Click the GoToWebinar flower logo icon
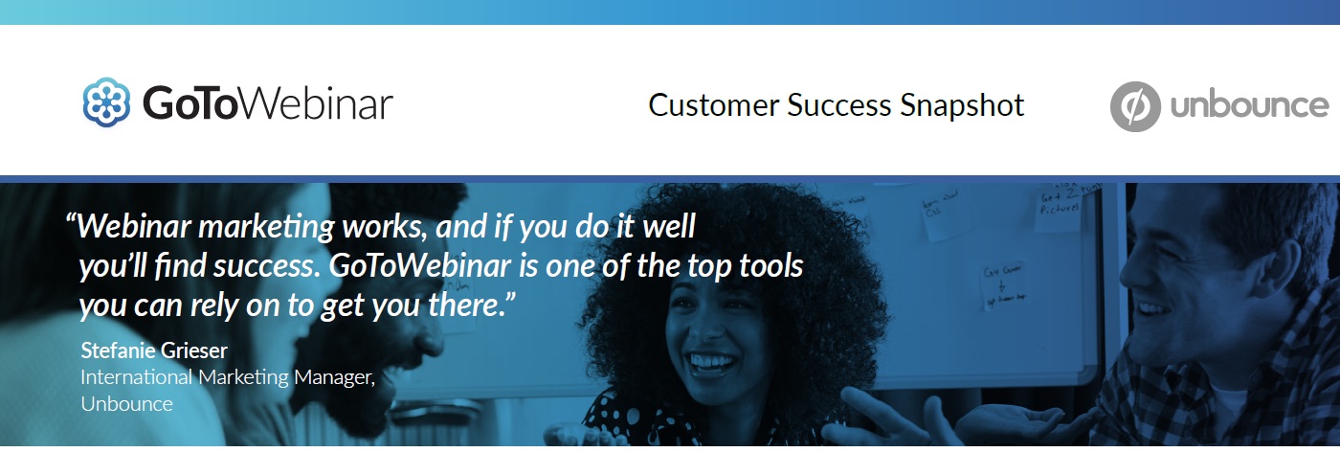click(106, 102)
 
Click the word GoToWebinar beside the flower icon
click(268, 103)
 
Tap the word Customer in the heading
click(714, 105)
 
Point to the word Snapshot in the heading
click(962, 106)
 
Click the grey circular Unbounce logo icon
click(1135, 106)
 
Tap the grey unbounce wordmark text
click(1250, 106)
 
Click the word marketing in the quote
click(266, 228)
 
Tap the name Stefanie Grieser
click(154, 350)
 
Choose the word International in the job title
click(136, 377)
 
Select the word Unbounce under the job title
click(126, 404)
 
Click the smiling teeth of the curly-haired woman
click(712, 363)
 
